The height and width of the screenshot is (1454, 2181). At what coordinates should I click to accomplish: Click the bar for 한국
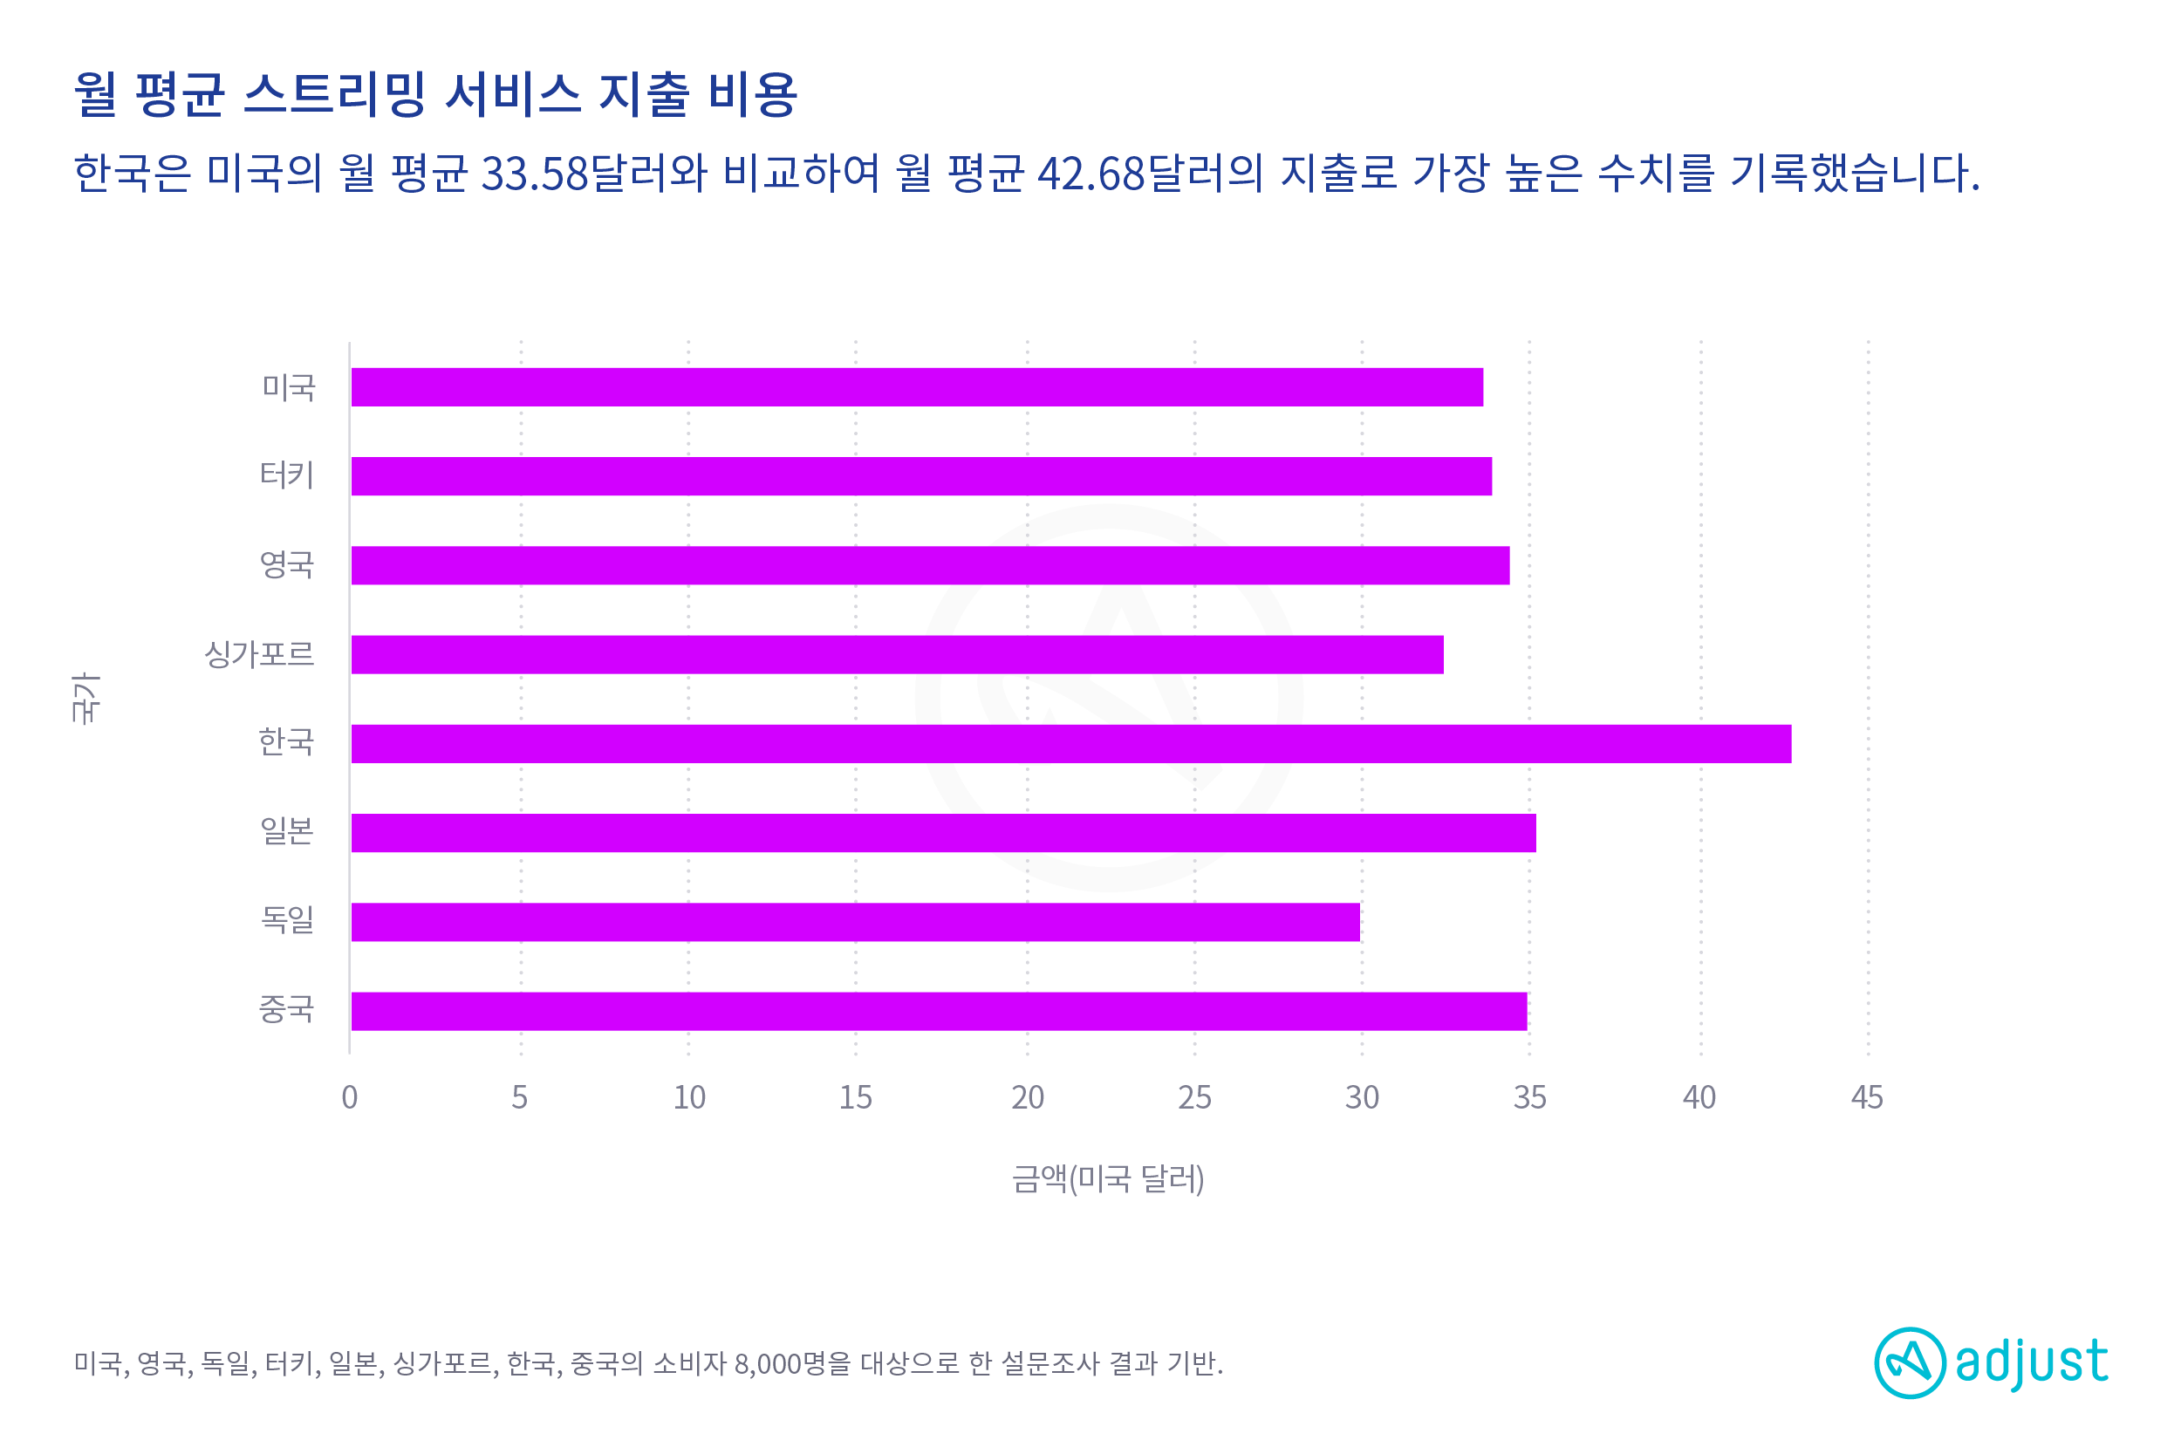pos(1071,744)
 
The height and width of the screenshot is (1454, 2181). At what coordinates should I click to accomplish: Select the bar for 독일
pos(855,922)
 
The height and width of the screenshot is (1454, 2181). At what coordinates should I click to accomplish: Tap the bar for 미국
pos(916,386)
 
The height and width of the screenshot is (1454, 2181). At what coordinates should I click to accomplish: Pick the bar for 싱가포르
pos(897,655)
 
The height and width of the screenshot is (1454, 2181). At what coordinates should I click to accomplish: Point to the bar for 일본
pos(943,833)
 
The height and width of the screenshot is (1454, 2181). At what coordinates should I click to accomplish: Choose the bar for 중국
pos(939,1011)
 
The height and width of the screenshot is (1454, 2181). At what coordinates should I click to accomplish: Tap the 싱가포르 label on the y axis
pos(260,655)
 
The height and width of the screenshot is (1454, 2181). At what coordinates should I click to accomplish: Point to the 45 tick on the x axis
pos(1867,1098)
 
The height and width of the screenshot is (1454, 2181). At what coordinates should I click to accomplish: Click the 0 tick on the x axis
pos(350,1098)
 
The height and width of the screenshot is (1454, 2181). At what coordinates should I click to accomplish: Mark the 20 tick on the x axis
pos(1028,1098)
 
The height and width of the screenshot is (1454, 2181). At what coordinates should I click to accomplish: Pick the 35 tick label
pos(1530,1098)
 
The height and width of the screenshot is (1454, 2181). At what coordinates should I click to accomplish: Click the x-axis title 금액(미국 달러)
pos(1108,1178)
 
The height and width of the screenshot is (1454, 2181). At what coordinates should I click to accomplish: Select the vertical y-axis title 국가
pos(85,697)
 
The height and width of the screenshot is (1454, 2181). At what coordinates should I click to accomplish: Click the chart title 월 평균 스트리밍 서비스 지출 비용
pos(436,94)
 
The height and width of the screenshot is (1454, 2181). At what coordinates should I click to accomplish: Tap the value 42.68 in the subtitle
pos(1091,174)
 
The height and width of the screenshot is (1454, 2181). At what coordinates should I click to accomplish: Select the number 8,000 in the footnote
pos(767,1364)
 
